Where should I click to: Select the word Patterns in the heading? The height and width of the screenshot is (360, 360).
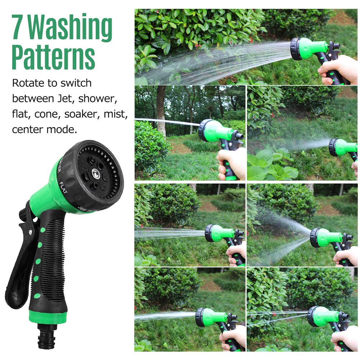point(53,57)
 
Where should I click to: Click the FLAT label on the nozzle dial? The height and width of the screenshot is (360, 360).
point(63,188)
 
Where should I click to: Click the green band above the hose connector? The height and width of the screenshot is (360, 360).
point(48,317)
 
